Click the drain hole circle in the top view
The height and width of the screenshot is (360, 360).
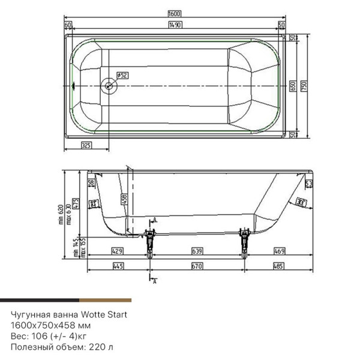tap(109, 85)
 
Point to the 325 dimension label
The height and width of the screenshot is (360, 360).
tap(86, 146)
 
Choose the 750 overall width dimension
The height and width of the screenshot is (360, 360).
tap(304, 86)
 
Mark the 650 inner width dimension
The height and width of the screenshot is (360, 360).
tap(292, 86)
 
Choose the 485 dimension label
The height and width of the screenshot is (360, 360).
tap(279, 266)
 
